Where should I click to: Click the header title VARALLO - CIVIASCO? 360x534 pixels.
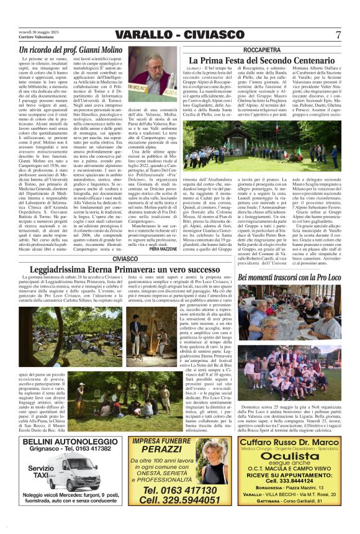pyautogui.click(x=179, y=34)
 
